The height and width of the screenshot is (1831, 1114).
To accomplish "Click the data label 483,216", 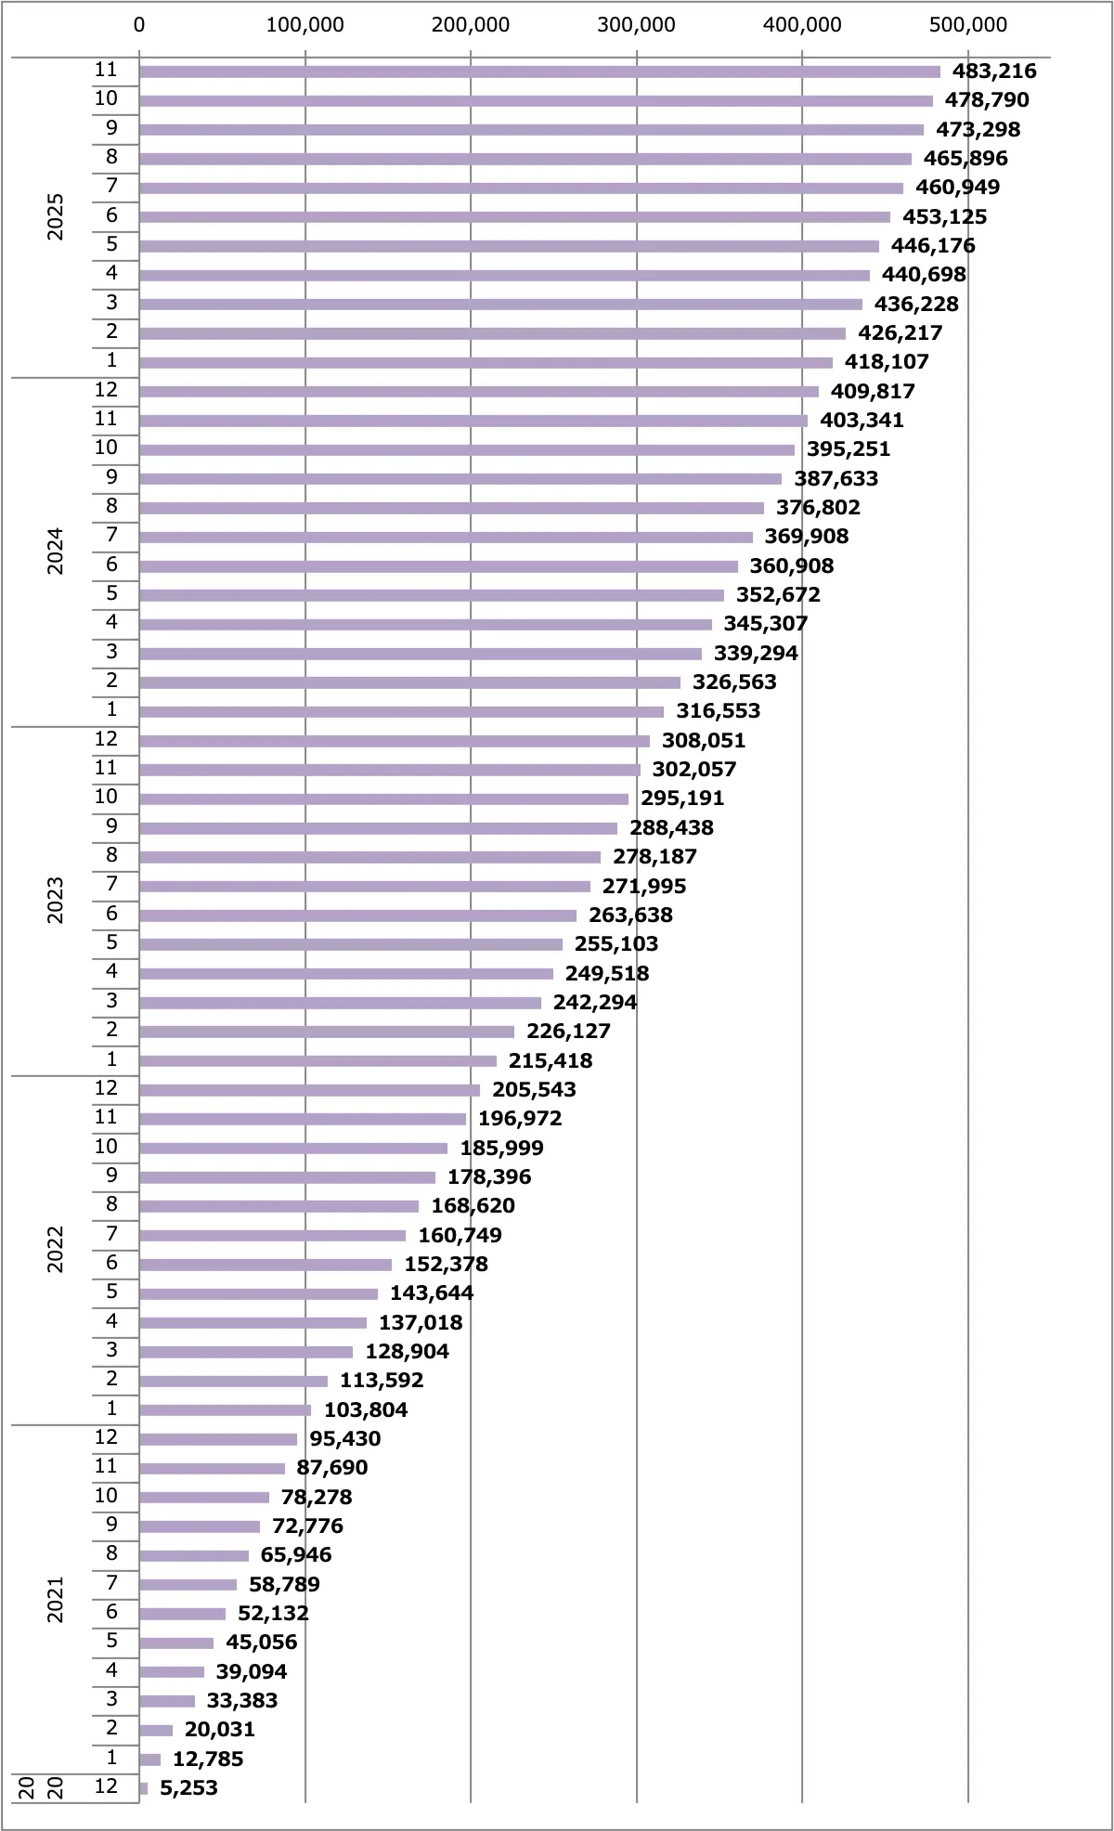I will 993,71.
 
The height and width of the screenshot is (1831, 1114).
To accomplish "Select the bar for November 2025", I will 538,71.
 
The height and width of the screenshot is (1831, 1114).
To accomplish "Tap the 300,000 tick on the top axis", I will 636,25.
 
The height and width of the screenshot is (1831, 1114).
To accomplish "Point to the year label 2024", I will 56,552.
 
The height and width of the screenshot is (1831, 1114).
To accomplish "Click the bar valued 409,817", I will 478,391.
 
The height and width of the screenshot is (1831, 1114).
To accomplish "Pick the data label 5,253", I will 188,1787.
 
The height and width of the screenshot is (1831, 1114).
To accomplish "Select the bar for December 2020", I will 143,1787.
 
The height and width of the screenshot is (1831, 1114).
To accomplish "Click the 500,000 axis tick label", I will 967,25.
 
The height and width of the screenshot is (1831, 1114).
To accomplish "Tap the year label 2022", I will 56,1250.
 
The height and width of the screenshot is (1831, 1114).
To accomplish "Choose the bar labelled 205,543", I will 309,1090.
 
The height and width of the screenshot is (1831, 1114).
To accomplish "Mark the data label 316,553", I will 718,711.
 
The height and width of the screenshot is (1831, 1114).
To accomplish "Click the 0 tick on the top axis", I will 139,25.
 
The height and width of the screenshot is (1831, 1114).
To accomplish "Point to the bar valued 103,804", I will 225,1409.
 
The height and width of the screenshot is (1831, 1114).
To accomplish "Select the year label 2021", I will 56,1599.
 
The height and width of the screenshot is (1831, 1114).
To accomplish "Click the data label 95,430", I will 344,1438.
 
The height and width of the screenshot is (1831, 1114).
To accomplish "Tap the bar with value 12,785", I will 149,1759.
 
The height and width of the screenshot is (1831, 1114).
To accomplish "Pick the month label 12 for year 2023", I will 106,739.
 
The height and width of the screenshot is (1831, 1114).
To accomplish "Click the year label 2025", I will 56,216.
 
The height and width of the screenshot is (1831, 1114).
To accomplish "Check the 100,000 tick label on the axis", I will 304,25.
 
